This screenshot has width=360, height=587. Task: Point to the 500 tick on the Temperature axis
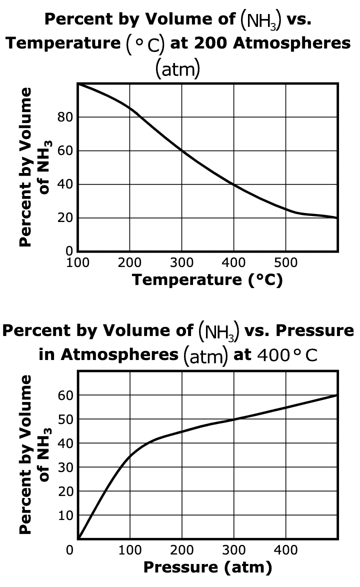point(286,262)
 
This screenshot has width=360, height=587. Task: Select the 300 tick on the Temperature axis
point(182,262)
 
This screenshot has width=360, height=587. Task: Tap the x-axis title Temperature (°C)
point(207,280)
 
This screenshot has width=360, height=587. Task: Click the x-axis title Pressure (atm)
point(207,567)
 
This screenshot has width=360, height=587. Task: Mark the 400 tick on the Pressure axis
point(286,550)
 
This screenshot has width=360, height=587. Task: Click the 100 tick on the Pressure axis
point(130,550)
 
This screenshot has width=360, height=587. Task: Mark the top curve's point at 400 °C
point(234,184)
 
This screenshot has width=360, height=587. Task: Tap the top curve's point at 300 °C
point(182,151)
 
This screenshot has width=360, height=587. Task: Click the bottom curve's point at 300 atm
point(234,419)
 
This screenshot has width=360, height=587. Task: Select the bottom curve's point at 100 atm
point(130,455)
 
